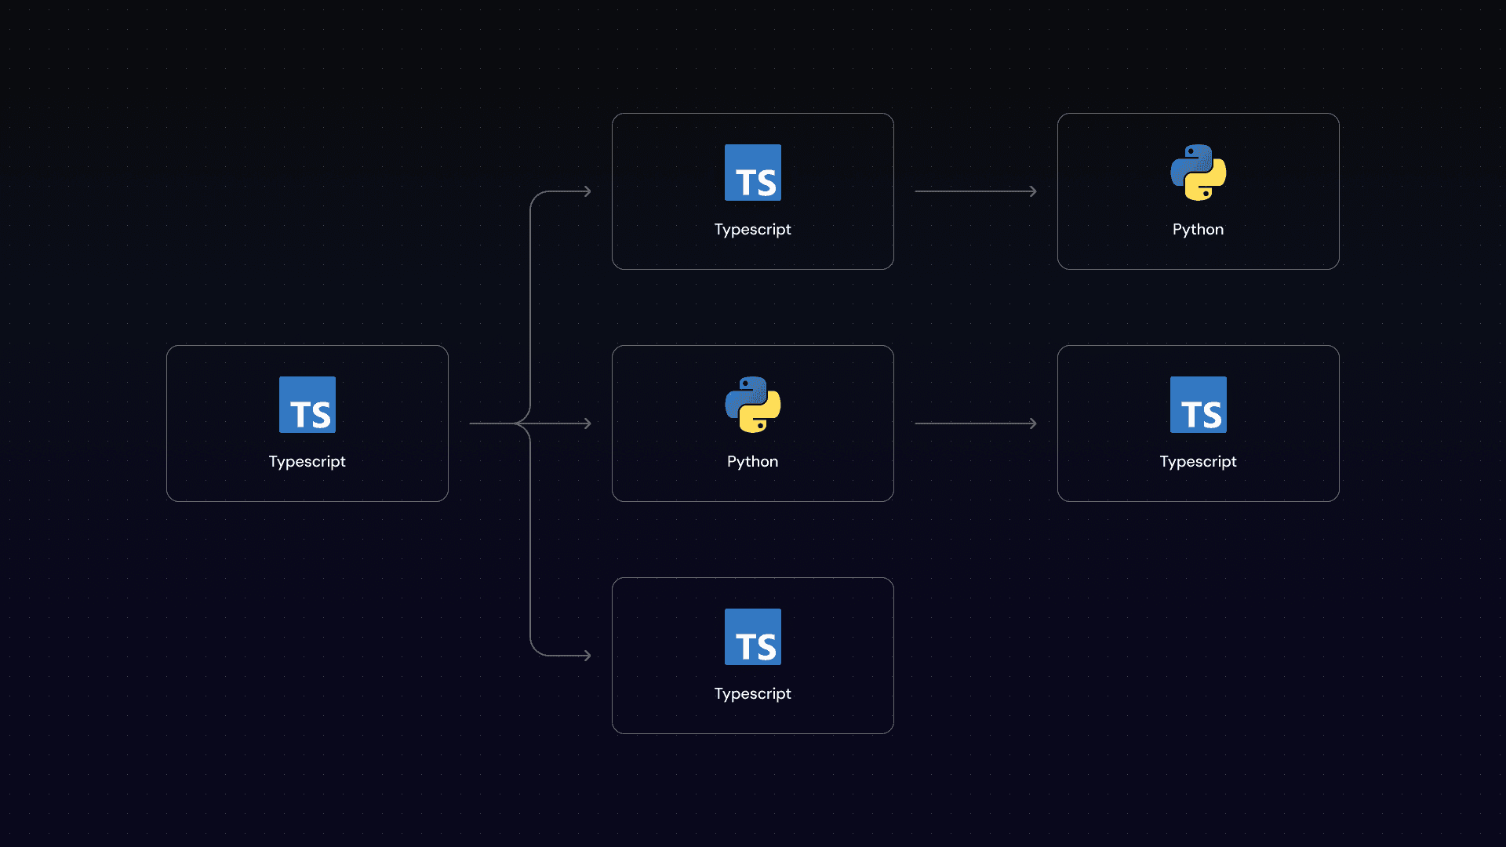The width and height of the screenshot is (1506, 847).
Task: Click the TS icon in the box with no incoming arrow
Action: pos(307,405)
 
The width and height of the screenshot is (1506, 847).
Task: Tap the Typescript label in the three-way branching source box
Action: pos(307,461)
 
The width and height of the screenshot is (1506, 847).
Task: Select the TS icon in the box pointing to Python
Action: pos(753,173)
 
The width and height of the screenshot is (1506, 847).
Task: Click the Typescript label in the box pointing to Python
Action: pos(753,229)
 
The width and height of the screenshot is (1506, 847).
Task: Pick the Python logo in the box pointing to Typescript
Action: pos(753,405)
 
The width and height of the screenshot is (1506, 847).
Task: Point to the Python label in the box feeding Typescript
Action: pos(753,461)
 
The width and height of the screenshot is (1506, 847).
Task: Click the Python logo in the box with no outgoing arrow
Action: pos(1199,173)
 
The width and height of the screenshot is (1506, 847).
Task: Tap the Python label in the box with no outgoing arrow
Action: pos(1199,229)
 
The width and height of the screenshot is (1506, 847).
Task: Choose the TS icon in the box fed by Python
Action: pos(1199,405)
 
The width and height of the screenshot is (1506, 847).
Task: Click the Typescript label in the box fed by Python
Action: pos(1199,461)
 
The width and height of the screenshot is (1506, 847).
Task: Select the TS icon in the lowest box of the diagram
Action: pos(753,637)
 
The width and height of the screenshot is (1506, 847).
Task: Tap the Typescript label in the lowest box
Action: pos(753,693)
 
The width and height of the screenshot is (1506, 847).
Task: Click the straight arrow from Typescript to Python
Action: pos(975,191)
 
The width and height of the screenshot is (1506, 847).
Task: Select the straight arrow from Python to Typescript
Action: pos(975,423)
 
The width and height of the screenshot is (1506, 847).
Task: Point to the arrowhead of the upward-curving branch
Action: pos(587,191)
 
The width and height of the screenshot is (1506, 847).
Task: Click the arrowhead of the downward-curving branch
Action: pos(587,656)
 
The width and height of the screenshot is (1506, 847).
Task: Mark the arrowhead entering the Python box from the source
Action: pos(587,423)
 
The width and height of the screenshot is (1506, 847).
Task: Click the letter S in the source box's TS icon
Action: pos(321,415)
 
